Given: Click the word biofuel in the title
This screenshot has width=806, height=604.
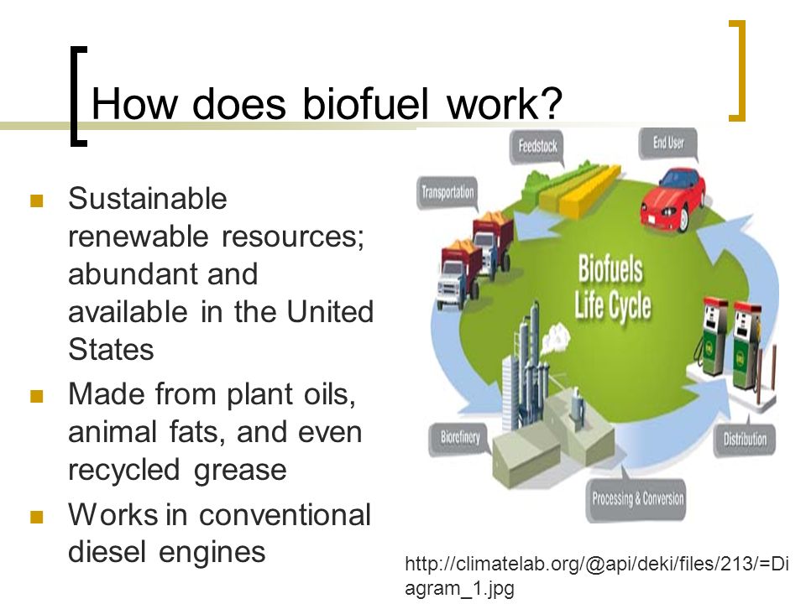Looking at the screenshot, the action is tap(365, 103).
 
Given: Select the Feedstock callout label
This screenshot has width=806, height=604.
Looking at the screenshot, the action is tap(537, 147).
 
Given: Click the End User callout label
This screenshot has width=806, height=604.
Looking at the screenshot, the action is tap(668, 143).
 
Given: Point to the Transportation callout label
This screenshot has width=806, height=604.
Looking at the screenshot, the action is tap(447, 193).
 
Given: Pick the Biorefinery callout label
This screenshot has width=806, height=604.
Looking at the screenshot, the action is tap(460, 438).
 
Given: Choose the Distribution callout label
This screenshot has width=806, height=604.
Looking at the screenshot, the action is tap(745, 439).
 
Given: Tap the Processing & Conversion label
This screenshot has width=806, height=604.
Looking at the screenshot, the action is tap(637, 498).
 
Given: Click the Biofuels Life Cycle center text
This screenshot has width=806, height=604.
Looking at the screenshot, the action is tap(612, 288).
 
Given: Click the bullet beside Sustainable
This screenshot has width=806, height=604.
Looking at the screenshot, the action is tap(36, 200).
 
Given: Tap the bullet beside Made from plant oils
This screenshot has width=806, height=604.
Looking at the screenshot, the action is tap(36, 396).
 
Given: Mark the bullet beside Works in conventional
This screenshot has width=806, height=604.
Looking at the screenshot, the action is tap(36, 516).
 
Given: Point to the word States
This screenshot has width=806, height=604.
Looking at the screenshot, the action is tap(111, 349).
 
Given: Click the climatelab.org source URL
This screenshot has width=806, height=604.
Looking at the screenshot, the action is tap(597, 575).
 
